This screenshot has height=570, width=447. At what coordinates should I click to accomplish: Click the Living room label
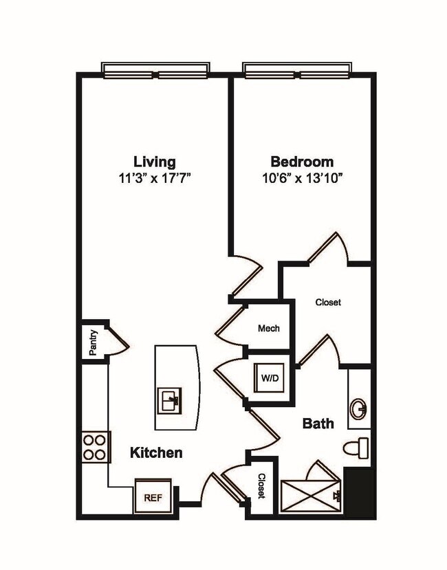coord(154,162)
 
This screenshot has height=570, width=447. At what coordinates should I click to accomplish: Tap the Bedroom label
coord(302,162)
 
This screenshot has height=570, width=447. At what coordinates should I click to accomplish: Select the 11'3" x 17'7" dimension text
coord(154,178)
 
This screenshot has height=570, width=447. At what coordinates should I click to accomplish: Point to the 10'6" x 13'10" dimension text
coord(303,178)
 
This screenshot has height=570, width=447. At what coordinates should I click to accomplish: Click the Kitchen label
coord(157,452)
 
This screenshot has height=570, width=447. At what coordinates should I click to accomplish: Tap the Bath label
coord(318,424)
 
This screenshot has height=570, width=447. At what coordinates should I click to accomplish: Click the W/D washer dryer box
coord(269,377)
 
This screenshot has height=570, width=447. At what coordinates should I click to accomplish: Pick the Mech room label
coord(268,328)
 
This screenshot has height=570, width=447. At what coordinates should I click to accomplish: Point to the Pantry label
coord(94,342)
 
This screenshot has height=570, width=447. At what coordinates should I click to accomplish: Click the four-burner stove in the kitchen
coord(95,446)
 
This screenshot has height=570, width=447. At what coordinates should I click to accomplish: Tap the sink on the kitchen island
coord(170,399)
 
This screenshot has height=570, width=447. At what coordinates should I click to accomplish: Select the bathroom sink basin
coord(358,409)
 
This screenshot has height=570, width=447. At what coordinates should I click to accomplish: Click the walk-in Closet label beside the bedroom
coord(328,302)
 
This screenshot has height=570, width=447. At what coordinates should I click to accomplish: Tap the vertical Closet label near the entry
coord(261,487)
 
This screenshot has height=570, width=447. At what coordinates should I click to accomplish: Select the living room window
coord(155,71)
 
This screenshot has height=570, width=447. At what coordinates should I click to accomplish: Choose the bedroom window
coord(298,71)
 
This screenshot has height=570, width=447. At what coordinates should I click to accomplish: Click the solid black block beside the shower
coord(360,492)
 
